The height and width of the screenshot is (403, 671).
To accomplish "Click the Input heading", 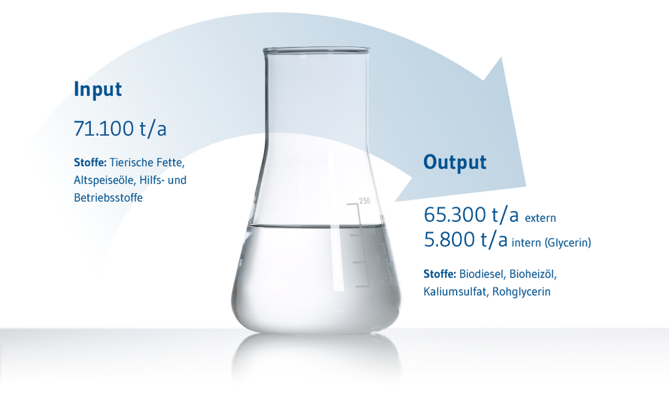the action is tap(98, 90).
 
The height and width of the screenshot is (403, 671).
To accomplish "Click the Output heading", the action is tap(455, 163).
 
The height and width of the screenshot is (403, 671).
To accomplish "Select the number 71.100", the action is tap(104, 129).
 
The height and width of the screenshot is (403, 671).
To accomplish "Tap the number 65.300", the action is tap(455, 215).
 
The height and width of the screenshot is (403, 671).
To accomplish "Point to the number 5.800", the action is tap(450, 239).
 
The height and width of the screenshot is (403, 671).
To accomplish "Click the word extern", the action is tap(541, 219).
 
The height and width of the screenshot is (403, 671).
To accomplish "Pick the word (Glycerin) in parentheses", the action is tap(567, 243).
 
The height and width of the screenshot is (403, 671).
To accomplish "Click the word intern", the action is tap(526, 243).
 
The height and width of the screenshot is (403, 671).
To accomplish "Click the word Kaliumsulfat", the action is tap(456, 292).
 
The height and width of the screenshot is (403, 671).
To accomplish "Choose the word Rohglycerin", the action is tap(521, 292).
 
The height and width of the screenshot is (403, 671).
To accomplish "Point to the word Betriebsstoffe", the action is tap(108, 198).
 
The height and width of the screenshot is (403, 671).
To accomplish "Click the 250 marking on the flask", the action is tap(364, 201).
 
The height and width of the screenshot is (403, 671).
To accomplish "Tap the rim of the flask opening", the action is tap(316, 50).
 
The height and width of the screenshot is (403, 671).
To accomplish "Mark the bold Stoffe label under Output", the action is tap(440, 274).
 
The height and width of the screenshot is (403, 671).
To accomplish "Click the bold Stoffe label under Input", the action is tap(90, 163).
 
